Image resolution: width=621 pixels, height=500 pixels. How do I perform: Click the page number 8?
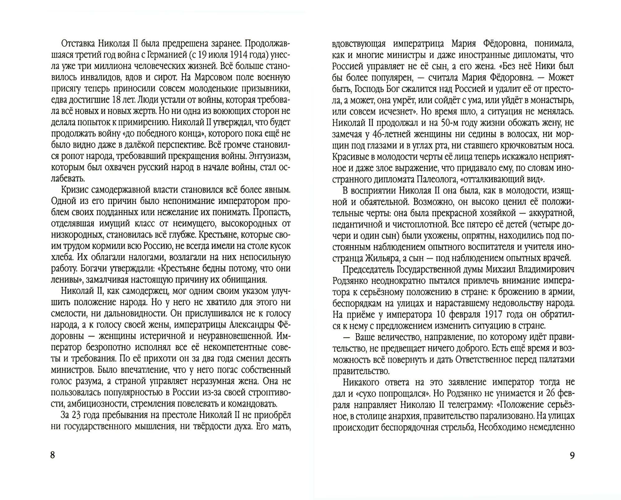point(52,455)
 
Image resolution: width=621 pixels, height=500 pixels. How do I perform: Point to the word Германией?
point(165,55)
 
